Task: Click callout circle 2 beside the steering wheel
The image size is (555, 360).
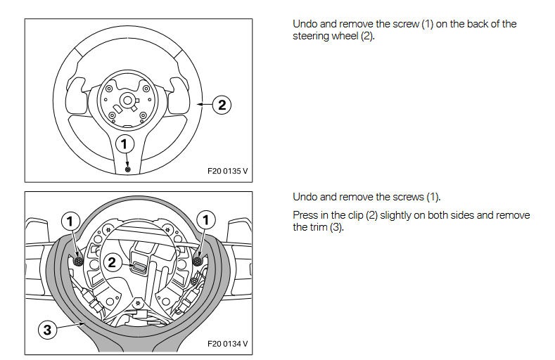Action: pos(221,105)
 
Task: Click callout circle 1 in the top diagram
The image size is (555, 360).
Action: pos(125,143)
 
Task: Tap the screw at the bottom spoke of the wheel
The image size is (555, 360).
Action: pos(127,169)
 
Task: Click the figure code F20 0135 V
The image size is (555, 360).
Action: pos(227,171)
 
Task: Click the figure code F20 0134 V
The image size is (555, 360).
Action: pos(227,345)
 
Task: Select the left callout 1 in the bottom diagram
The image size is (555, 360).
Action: pos(70,221)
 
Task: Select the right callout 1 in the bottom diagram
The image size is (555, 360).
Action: pos(205,221)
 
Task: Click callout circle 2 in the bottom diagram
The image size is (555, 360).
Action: pos(111,263)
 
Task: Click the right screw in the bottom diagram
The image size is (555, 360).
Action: pos(197,261)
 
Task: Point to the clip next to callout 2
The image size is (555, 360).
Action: pos(138,265)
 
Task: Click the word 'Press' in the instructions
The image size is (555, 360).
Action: pos(306,215)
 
